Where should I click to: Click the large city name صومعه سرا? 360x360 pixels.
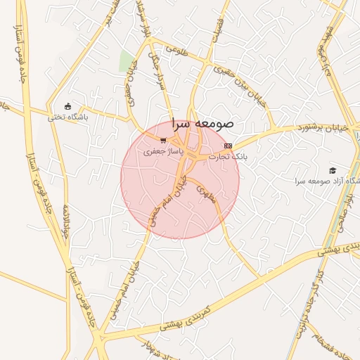click(x=203, y=124)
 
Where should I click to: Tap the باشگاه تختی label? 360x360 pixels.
click(x=68, y=117)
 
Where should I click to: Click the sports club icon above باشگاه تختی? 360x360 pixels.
click(x=68, y=106)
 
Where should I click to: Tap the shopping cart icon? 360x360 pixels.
click(x=163, y=140)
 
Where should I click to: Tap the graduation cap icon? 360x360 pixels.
click(x=333, y=170)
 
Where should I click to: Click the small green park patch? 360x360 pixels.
click(x=127, y=62)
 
